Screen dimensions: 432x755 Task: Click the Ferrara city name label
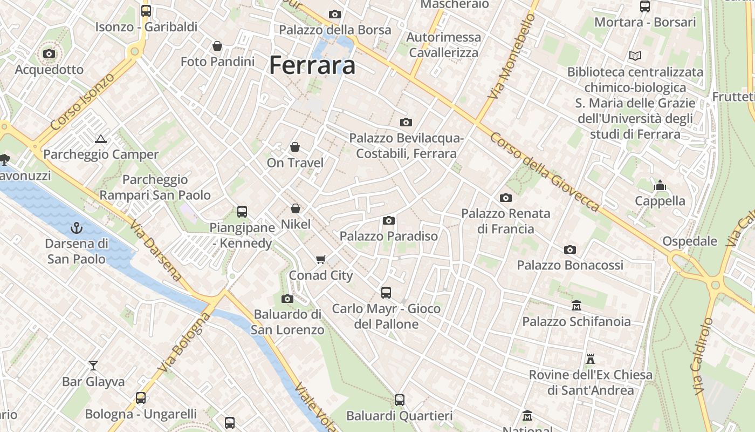point(312,65)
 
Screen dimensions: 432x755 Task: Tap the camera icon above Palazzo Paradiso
point(388,220)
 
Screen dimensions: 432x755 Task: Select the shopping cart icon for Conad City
point(321,260)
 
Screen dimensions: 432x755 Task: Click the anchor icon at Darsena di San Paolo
point(76,227)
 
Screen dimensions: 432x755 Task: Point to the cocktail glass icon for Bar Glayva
point(93,366)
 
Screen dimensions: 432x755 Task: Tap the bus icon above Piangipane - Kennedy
point(242,212)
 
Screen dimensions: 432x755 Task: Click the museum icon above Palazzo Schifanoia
point(576,306)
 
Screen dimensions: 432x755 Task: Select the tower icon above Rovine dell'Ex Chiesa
point(591,359)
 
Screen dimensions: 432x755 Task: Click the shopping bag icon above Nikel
point(296,208)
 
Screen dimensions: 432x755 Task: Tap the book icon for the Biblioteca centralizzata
point(635,56)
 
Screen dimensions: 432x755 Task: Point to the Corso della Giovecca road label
point(545,172)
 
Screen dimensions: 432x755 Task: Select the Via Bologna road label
point(184,341)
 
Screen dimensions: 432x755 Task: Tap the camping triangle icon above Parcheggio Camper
point(101,139)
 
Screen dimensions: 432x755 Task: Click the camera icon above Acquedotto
point(49,54)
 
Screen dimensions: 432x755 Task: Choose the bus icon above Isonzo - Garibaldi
point(146,11)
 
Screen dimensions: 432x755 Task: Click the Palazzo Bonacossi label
point(570,265)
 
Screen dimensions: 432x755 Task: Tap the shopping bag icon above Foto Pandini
point(217,46)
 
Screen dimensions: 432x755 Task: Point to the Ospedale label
point(690,241)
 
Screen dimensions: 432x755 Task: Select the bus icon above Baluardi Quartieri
point(400,400)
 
